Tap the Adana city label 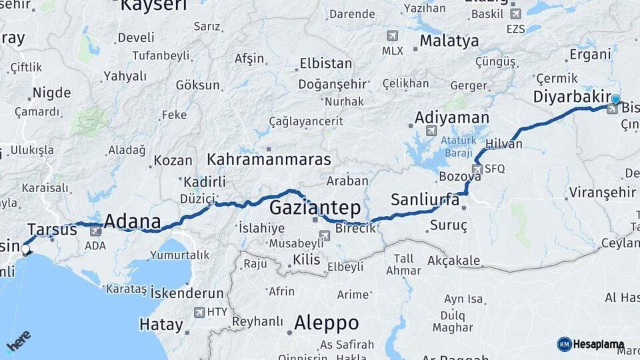coord(133,221)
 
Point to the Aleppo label coord(326,323)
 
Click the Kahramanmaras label coord(269,160)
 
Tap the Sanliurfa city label coord(425,199)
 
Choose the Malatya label coord(449,41)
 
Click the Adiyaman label coord(451,117)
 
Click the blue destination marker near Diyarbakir coord(615,100)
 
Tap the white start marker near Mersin coord(25,250)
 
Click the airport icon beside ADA coord(95,231)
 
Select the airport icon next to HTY coord(199,312)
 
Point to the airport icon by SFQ coord(477,169)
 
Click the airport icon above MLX coord(392,36)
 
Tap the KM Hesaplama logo coord(591,344)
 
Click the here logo coord(19,341)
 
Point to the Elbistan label coord(325,64)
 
